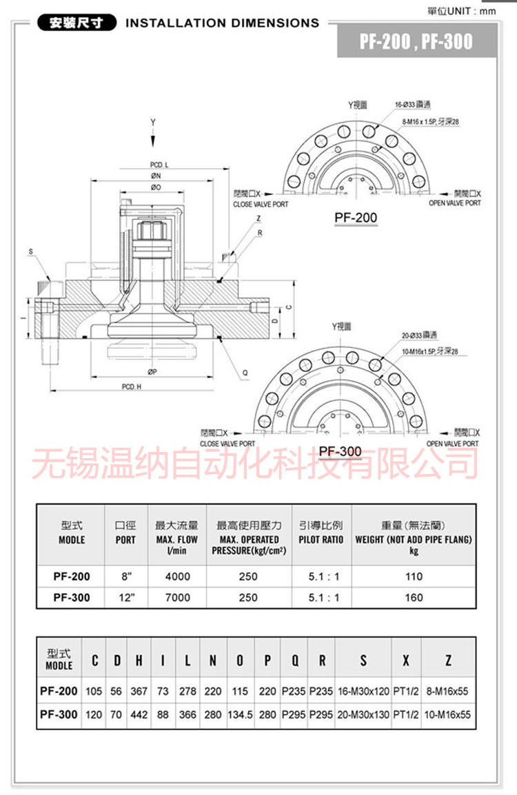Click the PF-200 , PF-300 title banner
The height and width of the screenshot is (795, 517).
[x=416, y=41]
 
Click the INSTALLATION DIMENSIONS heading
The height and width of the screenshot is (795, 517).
[x=222, y=23]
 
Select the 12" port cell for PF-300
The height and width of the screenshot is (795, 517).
[x=125, y=597]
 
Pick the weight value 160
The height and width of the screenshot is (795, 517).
[x=414, y=597]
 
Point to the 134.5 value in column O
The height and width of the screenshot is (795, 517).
[x=240, y=715]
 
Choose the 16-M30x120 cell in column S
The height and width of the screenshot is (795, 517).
[x=363, y=691]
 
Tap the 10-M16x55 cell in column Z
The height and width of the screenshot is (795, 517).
[x=448, y=715]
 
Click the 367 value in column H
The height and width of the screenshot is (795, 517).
[x=139, y=691]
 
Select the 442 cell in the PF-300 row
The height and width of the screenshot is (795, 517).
[x=139, y=715]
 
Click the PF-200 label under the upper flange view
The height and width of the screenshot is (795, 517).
[x=356, y=218]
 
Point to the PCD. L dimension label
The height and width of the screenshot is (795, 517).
[x=159, y=165]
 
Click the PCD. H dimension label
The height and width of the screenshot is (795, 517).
[x=132, y=387]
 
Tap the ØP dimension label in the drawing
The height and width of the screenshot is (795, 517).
[x=152, y=372]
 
